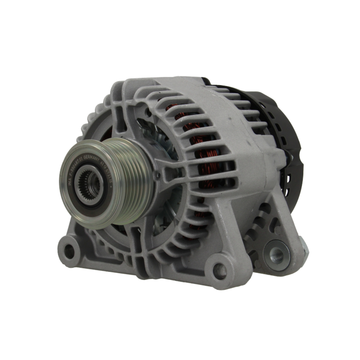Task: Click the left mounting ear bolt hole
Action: [x=69, y=252]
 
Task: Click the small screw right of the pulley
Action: [x=158, y=175]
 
